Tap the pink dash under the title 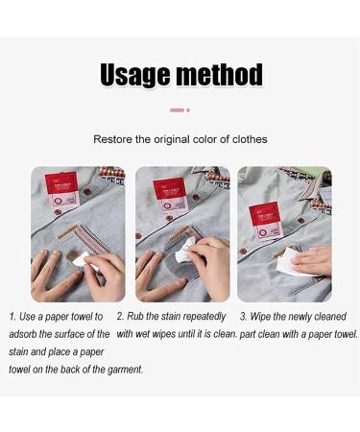click(x=177, y=110)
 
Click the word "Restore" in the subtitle click(x=113, y=140)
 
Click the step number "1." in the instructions click(x=13, y=317)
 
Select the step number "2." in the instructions click(x=121, y=317)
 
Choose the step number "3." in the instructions click(x=244, y=317)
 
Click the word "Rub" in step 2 click(x=137, y=317)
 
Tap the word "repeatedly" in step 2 click(x=203, y=317)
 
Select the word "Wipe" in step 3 click(x=265, y=317)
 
